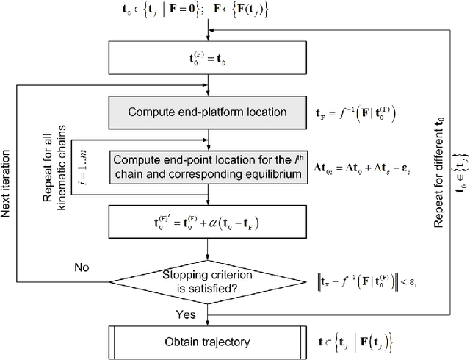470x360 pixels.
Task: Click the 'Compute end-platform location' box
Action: click(x=208, y=112)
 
